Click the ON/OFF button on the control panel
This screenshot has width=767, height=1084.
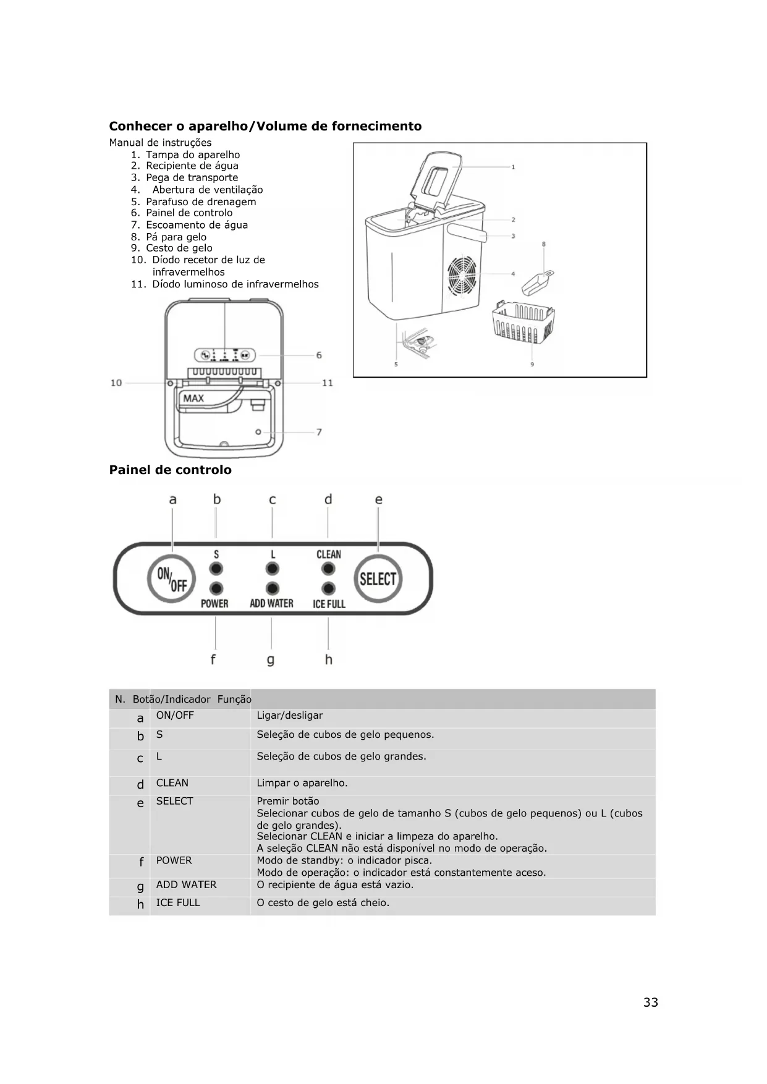click(171, 579)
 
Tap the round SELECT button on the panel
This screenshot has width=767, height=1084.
click(378, 579)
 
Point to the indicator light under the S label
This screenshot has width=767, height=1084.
click(216, 569)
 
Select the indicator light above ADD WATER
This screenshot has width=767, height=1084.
click(272, 588)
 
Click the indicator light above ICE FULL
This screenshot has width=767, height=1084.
click(329, 588)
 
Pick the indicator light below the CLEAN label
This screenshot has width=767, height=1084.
click(329, 569)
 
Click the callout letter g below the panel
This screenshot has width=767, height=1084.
click(271, 660)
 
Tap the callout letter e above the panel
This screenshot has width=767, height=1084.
click(379, 499)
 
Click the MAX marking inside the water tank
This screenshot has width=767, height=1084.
click(193, 399)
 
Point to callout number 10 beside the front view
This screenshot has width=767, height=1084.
click(116, 383)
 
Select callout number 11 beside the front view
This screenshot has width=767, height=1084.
click(328, 383)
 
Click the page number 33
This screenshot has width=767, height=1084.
click(650, 1002)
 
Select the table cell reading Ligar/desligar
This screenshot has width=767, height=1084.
click(290, 716)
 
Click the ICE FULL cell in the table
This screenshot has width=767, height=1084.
click(178, 903)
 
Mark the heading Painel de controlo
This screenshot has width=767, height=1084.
click(170, 470)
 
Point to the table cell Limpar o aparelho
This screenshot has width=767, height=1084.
click(302, 783)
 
